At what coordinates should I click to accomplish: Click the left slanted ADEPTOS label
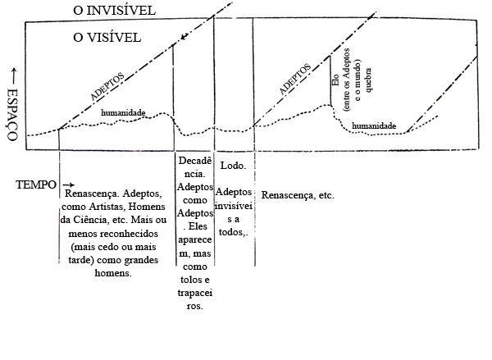(x=107, y=85)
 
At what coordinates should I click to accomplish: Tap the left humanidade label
(x=124, y=112)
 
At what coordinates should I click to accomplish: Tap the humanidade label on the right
(x=374, y=126)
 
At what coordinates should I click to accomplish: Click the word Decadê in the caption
(x=195, y=162)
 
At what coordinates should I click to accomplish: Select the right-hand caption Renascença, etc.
(x=298, y=196)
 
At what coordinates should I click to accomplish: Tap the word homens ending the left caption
(x=115, y=272)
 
